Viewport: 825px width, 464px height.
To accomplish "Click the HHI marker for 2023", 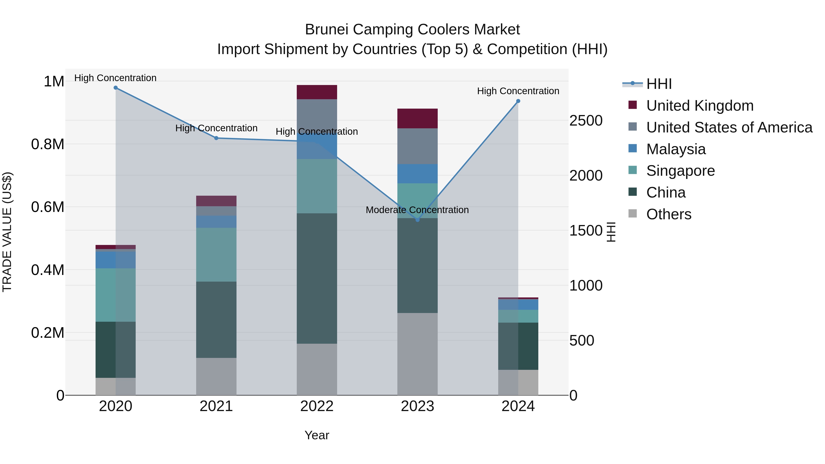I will [417, 220].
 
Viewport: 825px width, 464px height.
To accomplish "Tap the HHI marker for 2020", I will [116, 88].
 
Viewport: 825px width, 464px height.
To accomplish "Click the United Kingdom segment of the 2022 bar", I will [317, 92].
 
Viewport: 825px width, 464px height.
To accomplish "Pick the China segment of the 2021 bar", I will [216, 320].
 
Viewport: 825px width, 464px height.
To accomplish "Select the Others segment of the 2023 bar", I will [417, 354].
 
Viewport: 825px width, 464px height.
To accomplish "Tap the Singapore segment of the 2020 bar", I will [116, 295].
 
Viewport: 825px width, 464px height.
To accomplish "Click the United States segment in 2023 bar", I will [417, 146].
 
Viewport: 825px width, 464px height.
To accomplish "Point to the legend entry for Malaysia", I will [676, 149].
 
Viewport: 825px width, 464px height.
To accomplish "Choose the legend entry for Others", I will [669, 214].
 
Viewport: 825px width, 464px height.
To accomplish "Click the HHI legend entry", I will [659, 84].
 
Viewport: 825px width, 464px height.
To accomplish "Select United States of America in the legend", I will [729, 127].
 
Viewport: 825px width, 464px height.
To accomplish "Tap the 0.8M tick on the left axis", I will [48, 144].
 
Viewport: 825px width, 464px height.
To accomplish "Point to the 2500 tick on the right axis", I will [586, 121].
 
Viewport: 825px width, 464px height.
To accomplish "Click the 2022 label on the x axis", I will [317, 406].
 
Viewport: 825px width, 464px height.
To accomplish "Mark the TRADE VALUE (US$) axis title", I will [7, 232].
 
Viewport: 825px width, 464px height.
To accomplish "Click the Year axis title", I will [317, 435].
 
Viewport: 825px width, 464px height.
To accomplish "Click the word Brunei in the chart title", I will [326, 30].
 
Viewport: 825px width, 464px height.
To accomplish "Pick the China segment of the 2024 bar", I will [518, 346].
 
